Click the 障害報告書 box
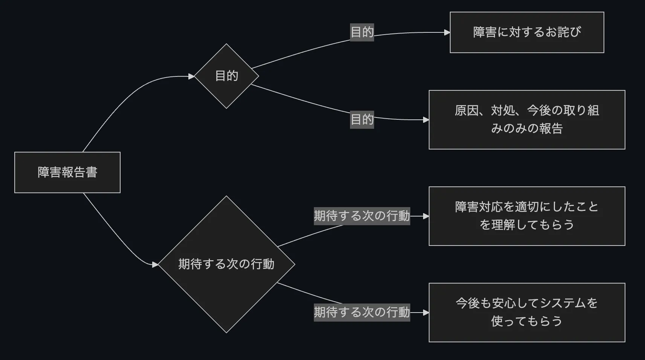point(67,172)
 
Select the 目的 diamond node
point(226,76)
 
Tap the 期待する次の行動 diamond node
point(226,264)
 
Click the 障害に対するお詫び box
point(527,32)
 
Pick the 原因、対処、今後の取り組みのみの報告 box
point(527,120)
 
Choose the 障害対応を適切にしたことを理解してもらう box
point(527,216)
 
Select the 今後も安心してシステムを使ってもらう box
point(527,313)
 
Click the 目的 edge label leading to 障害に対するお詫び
point(362,32)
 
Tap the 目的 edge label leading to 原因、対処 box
point(362,119)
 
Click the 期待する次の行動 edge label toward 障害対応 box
point(362,216)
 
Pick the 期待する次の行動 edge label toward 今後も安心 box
point(362,312)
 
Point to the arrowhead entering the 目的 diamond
point(191,76)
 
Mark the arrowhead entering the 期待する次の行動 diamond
point(155,265)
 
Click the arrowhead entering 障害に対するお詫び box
point(447,32)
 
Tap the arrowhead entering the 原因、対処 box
point(426,120)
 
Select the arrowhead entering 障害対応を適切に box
point(426,216)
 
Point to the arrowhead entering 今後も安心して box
point(426,313)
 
